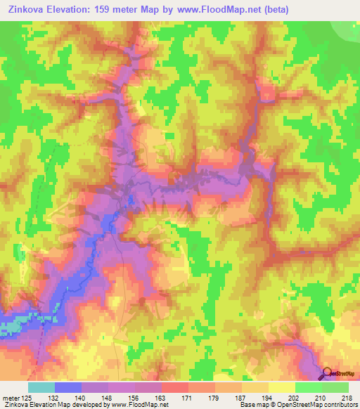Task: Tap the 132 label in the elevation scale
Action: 53,397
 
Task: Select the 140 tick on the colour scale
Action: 81,397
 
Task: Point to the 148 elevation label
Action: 108,397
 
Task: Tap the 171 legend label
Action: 188,397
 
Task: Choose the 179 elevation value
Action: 215,397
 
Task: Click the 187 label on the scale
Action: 242,397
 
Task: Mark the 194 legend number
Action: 269,397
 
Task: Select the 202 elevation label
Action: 295,397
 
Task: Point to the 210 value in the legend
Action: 322,397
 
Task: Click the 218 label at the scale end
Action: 347,397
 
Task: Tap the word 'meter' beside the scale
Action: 11,397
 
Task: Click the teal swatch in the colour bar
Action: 41,387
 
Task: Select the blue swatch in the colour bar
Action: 67,387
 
